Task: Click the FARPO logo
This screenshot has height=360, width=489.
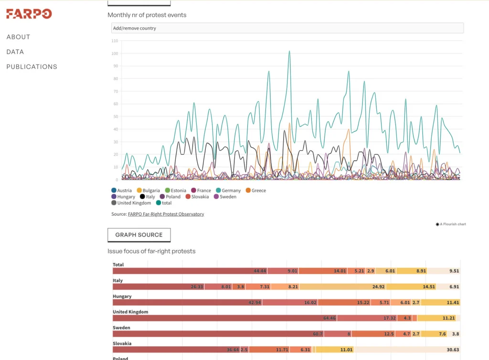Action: click(x=29, y=14)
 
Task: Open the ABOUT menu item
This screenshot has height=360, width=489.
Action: click(x=18, y=37)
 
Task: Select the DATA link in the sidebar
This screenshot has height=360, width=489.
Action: click(x=15, y=52)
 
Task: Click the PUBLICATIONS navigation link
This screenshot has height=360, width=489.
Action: click(x=32, y=67)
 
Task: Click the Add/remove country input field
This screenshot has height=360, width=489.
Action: click(x=287, y=28)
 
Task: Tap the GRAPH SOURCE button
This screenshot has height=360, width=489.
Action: click(x=139, y=235)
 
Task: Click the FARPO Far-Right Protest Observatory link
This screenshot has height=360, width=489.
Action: click(x=166, y=214)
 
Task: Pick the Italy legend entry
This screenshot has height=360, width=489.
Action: click(x=147, y=197)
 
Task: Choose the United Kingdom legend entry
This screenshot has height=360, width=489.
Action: click(x=131, y=203)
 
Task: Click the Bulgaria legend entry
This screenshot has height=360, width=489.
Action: click(x=149, y=191)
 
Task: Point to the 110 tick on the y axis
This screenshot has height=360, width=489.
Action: click(x=115, y=41)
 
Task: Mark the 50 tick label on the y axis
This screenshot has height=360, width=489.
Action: click(x=116, y=116)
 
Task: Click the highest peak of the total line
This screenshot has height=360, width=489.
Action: click(x=289, y=51)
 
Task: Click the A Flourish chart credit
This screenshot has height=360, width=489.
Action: click(x=451, y=224)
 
